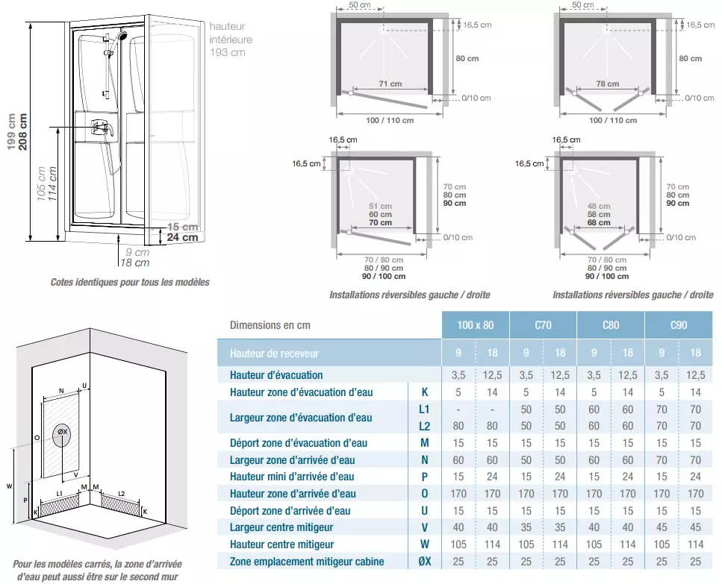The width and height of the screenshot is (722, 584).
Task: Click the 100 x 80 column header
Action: [475, 325]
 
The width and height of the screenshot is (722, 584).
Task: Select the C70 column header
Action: [543, 325]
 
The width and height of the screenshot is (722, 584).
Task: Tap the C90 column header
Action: [679, 325]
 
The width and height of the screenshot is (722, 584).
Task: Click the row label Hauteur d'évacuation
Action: [276, 375]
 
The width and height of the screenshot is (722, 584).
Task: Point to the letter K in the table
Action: [425, 392]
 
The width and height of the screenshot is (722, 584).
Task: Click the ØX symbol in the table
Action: [425, 562]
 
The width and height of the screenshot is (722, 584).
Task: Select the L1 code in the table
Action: [425, 409]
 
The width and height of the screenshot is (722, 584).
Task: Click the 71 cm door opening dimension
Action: [390, 84]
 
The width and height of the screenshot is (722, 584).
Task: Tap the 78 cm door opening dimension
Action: [608, 84]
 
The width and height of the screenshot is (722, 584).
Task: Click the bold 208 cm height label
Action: [23, 131]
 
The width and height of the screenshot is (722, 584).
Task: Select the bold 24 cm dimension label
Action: [182, 238]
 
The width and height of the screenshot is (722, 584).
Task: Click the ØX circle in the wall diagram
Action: [62, 433]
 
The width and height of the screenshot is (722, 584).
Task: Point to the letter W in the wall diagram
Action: [9, 486]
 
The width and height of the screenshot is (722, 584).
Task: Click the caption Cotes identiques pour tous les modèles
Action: [130, 283]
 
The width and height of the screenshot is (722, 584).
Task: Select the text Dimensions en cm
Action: [270, 325]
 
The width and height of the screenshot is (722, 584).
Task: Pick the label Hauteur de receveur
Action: [274, 353]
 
